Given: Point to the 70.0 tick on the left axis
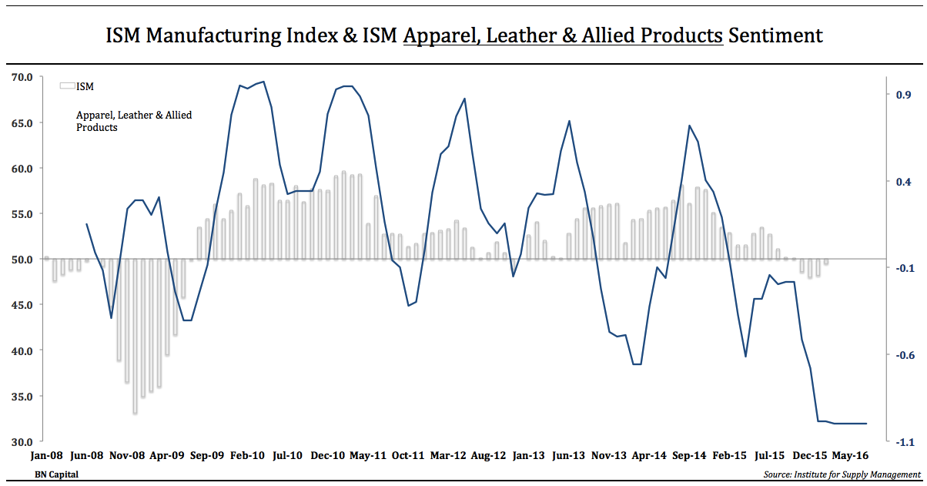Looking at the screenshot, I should pos(22,77).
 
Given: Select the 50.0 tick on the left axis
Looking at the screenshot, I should pos(22,260).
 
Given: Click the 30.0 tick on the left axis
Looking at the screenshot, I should pos(22,442).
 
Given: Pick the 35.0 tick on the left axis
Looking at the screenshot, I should pos(22,397).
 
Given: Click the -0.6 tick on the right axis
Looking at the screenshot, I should pos(902,355).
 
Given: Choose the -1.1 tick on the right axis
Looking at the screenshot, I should pos(902,442).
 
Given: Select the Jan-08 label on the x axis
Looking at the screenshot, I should pos(45,456).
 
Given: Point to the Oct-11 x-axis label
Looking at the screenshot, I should pos(408,456).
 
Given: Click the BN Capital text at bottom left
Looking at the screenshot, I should pos(56,474).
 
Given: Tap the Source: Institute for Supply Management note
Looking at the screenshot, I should pos(842,474).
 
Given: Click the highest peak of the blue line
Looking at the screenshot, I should pos(263,82).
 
